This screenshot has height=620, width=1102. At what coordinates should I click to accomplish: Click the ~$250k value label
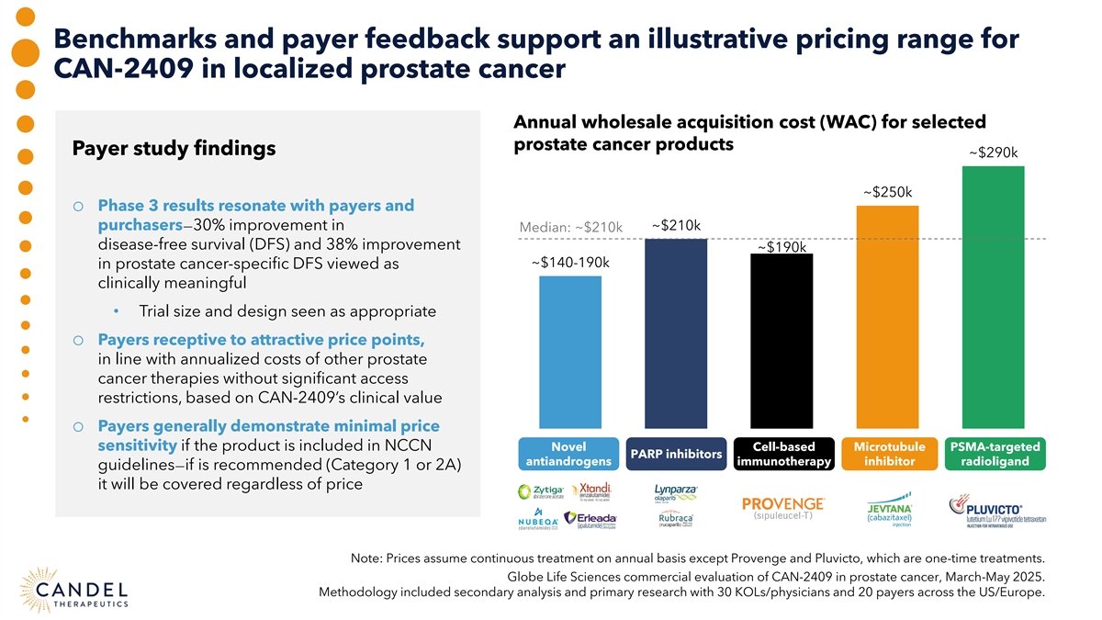[x=887, y=192]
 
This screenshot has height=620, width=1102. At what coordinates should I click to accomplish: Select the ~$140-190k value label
[x=570, y=263]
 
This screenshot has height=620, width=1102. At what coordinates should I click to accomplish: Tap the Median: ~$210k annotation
[x=570, y=228]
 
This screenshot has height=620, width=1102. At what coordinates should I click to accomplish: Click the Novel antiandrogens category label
[x=570, y=454]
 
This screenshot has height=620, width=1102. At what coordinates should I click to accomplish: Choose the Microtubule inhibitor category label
[x=887, y=454]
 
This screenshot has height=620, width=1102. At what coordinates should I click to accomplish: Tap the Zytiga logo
[x=541, y=492]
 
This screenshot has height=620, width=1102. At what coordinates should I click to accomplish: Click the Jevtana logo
[x=888, y=513]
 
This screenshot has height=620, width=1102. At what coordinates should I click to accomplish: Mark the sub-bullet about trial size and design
[x=286, y=311]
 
